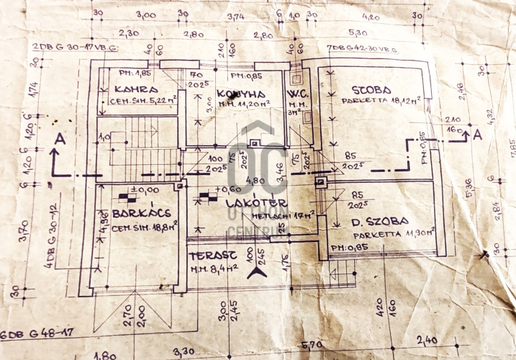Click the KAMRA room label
click(135, 89)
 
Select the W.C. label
click(297, 93)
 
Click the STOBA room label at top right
click(371, 90)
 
